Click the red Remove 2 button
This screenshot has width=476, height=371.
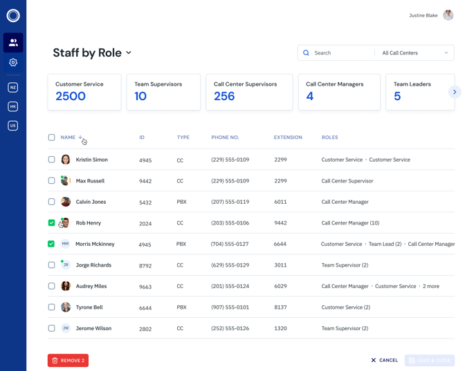click(68, 360)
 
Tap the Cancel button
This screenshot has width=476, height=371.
click(384, 360)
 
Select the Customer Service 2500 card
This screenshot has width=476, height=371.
click(84, 92)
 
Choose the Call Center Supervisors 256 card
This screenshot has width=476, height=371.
click(248, 92)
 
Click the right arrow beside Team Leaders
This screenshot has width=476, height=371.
click(455, 92)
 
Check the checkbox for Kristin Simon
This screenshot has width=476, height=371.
click(51, 160)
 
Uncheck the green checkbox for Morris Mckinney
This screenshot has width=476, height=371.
click(51, 244)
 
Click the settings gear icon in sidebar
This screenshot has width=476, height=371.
click(13, 62)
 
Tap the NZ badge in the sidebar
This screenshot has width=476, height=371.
click(13, 87)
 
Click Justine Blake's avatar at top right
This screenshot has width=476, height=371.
click(448, 15)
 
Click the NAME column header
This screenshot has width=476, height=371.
click(68, 137)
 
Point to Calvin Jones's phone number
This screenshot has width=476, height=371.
click(230, 202)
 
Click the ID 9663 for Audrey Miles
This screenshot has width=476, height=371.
click(145, 287)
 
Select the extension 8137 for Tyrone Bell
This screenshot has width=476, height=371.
click(280, 307)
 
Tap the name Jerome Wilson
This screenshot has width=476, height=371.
click(93, 328)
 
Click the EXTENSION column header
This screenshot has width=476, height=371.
click(288, 137)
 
